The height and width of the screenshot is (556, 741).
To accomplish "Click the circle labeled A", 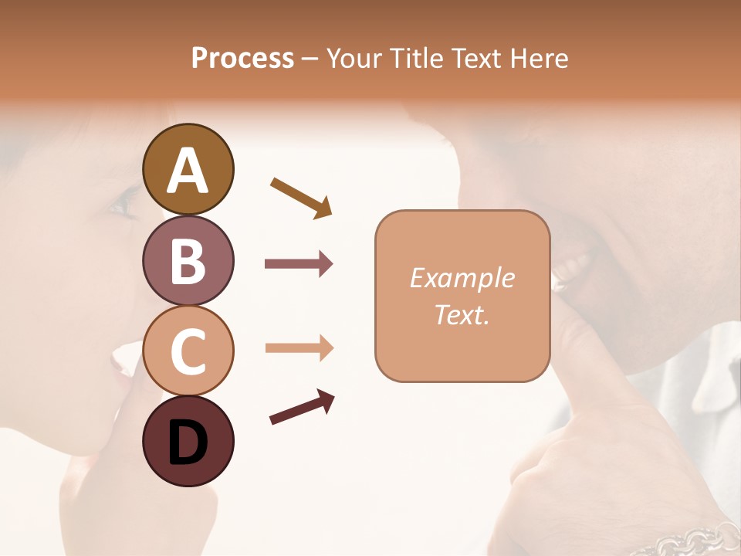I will (188, 170).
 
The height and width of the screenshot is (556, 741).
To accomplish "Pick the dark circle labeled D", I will (188, 441).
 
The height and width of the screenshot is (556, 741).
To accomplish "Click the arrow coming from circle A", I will (302, 197).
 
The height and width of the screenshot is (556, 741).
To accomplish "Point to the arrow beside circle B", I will (299, 264).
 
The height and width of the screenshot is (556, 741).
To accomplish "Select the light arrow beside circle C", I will (299, 348).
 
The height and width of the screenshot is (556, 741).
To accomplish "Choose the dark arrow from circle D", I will (302, 407).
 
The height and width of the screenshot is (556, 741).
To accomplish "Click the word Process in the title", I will (242, 59).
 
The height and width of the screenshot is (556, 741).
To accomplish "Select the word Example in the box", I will (462, 278).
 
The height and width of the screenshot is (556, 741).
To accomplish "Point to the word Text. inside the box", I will (462, 314).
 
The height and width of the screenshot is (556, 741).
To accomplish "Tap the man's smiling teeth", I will (572, 270).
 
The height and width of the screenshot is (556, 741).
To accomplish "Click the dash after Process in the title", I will (310, 59).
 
